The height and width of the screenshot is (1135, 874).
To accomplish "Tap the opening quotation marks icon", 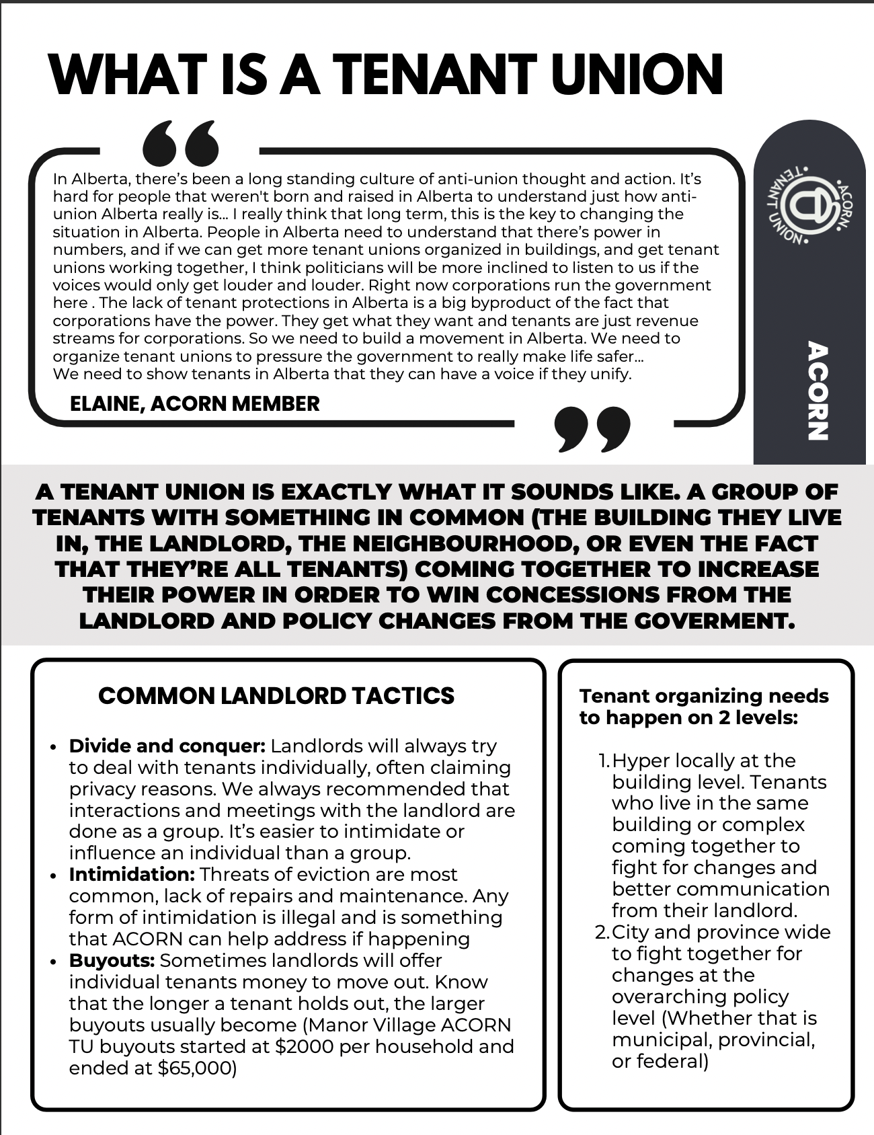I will [x=181, y=143].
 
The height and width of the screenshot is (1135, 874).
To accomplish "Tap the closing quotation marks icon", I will [x=592, y=428].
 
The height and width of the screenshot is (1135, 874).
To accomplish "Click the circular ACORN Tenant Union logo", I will [x=807, y=204].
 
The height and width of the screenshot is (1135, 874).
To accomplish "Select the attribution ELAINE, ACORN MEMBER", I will [x=194, y=403].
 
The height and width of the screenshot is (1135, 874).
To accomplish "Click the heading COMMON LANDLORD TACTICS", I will [x=276, y=695].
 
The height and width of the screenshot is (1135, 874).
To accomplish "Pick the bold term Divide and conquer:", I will [x=167, y=746].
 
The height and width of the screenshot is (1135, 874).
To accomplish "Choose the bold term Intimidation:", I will [x=132, y=874].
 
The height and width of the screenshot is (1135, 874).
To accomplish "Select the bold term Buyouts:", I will [x=112, y=960].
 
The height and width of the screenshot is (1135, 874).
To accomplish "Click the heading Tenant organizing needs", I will [x=704, y=696].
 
